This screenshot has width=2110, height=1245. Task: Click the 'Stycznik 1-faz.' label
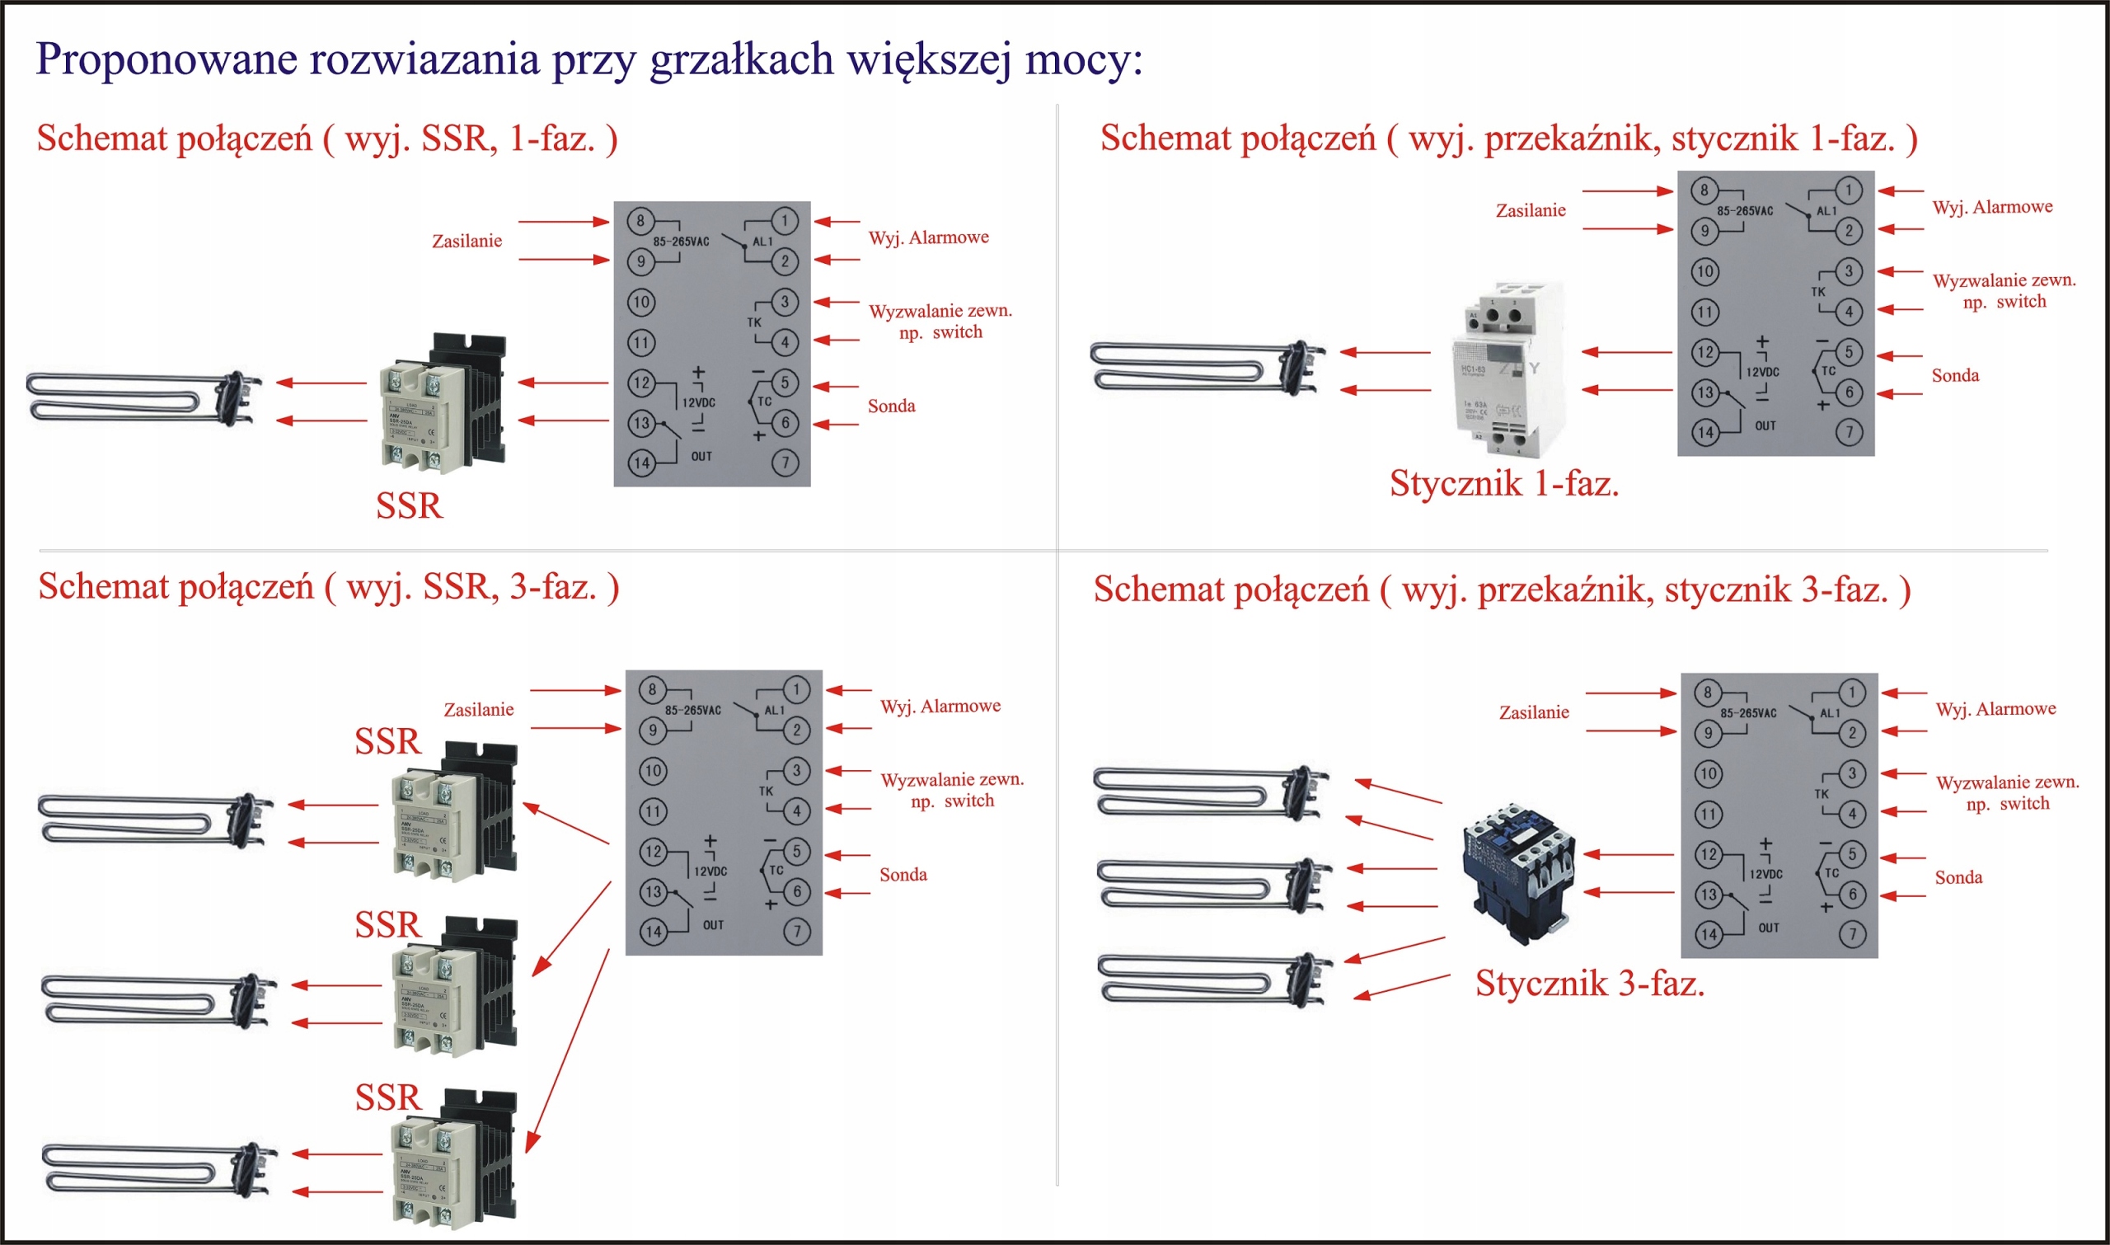(1503, 484)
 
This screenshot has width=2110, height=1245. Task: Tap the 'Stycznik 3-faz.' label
(1589, 984)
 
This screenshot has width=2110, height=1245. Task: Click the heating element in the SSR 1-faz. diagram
(143, 397)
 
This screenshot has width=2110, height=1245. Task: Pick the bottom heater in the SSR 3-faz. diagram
(155, 1169)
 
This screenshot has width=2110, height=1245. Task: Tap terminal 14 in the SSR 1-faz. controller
(641, 463)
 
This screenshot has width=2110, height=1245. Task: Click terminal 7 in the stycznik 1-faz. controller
(1849, 432)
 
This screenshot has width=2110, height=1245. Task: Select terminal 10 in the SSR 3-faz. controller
(653, 770)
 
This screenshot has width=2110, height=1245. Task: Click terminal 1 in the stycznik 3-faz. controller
(1851, 693)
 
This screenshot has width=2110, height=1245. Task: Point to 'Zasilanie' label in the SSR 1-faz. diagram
(467, 242)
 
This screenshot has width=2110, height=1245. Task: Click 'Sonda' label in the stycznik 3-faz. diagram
(1958, 877)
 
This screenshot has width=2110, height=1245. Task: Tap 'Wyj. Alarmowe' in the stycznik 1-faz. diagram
(1992, 207)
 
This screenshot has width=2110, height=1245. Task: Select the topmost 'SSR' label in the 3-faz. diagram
(387, 741)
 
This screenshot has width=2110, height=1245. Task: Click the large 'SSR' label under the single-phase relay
(409, 506)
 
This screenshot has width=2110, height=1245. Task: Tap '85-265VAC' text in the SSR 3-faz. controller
(692, 711)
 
